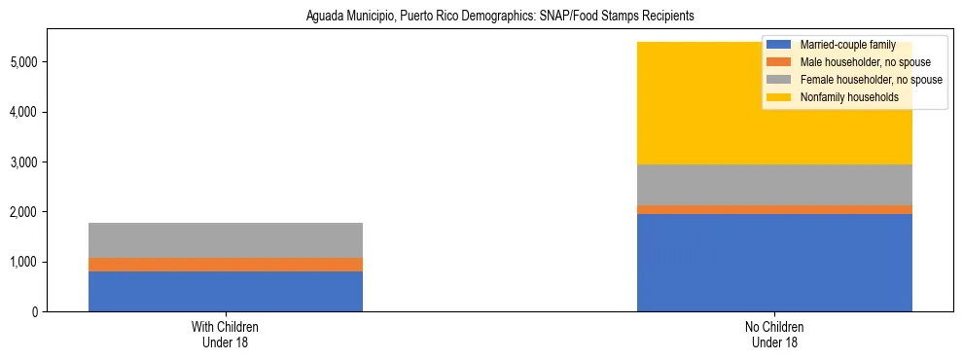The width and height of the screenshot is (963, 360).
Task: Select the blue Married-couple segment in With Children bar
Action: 225,291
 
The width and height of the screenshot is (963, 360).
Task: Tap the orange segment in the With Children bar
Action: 225,265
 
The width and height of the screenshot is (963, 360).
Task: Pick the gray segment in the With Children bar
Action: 225,240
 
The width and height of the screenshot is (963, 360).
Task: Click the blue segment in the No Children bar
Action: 774,263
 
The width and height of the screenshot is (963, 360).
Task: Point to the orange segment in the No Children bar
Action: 774,209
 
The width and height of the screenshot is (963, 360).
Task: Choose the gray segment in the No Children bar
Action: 774,185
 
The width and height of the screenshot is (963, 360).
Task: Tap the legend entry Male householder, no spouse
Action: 852,62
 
